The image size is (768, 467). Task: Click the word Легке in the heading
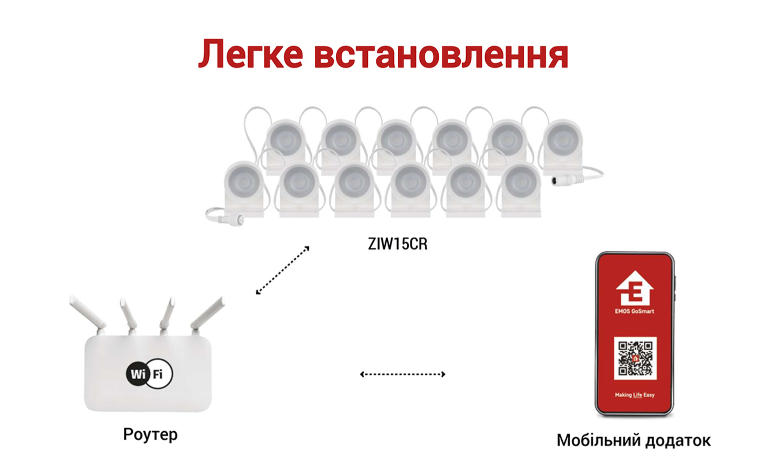(x=251, y=54)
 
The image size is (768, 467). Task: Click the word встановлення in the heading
(x=441, y=55)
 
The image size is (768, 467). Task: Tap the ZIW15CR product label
(x=397, y=244)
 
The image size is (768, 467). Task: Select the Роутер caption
(x=150, y=434)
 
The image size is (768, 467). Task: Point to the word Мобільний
(x=598, y=440)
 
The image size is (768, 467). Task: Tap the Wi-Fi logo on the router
(x=149, y=373)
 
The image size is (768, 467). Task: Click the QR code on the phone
(x=635, y=358)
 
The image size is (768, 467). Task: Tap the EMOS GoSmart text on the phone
(x=634, y=311)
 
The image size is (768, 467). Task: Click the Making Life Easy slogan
(x=635, y=395)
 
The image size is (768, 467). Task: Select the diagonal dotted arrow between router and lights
(x=282, y=270)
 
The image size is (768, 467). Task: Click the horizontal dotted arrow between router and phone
(x=403, y=374)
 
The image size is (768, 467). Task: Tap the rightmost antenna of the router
(x=207, y=314)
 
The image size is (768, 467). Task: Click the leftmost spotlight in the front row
(x=244, y=188)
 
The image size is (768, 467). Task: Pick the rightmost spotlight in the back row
(x=563, y=146)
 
